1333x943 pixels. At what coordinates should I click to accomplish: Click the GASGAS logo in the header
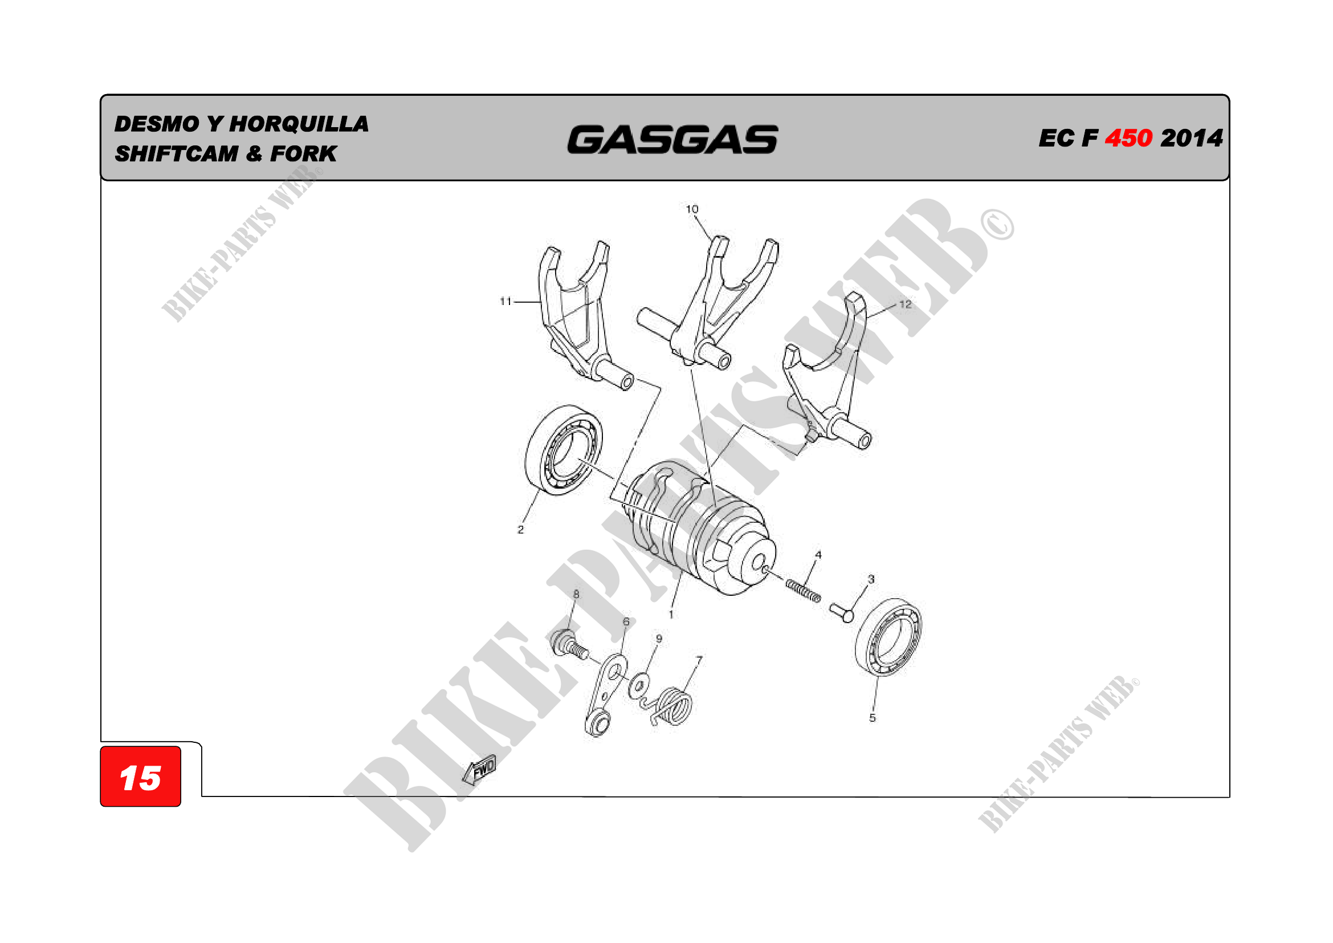tap(672, 140)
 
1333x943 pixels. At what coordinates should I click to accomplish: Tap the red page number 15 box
tap(141, 777)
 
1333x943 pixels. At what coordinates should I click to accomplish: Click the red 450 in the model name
tap(1128, 138)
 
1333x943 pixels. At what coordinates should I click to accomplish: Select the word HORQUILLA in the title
tap(299, 124)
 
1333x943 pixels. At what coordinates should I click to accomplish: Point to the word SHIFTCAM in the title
tap(177, 154)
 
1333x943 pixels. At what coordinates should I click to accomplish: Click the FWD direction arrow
tap(479, 769)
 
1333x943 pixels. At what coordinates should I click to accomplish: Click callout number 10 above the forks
tap(692, 209)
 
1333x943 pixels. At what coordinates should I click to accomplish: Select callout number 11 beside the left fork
tap(506, 302)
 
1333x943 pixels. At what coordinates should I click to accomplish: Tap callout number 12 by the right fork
tap(905, 304)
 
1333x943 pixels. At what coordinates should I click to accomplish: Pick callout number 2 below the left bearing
tap(521, 530)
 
